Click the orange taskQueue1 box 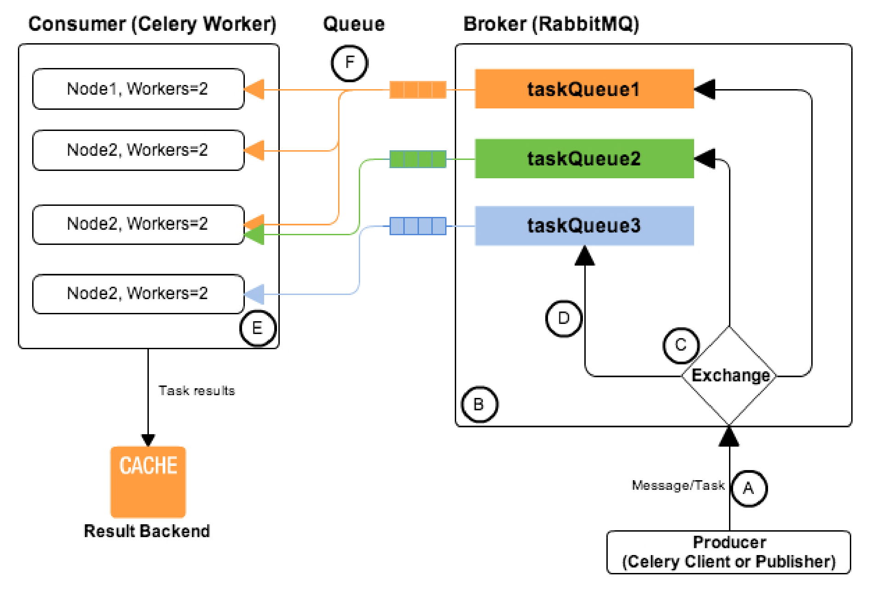point(584,89)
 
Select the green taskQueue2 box point(584,159)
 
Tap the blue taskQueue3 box point(584,226)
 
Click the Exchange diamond point(729,376)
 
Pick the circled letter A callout point(749,488)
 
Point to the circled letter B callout point(479,404)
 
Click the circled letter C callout point(681,345)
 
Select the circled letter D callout point(564,318)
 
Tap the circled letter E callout point(258,328)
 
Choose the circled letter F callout point(350,62)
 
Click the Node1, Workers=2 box point(138,89)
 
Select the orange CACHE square point(148,482)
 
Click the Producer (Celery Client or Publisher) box point(729,552)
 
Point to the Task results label point(197,391)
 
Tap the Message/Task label point(678,485)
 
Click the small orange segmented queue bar point(418,90)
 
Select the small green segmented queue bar point(418,159)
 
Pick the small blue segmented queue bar point(418,226)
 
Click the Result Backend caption point(147,531)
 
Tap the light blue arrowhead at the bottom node point(255,294)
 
